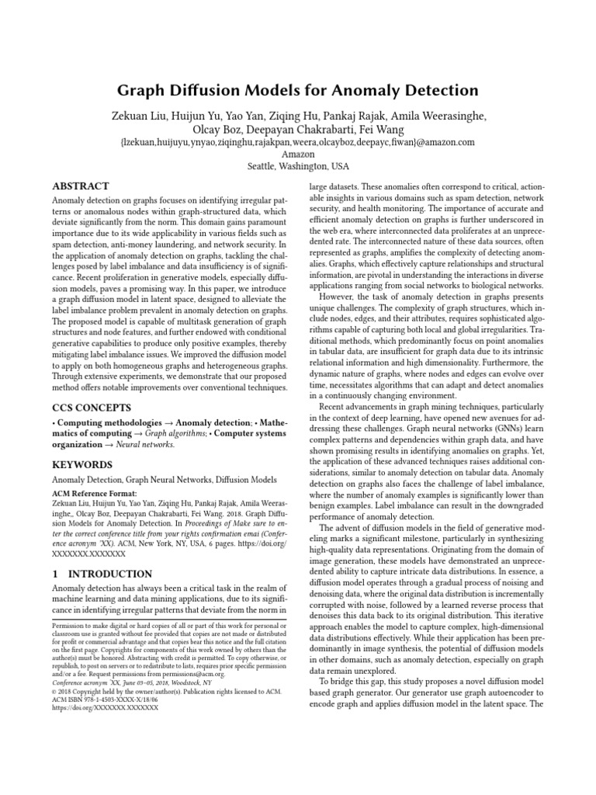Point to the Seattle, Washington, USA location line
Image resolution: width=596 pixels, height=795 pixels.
[298, 166]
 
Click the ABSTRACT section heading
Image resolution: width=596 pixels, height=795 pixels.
[80, 187]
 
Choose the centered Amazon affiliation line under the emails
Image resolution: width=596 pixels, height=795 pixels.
[298, 154]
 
